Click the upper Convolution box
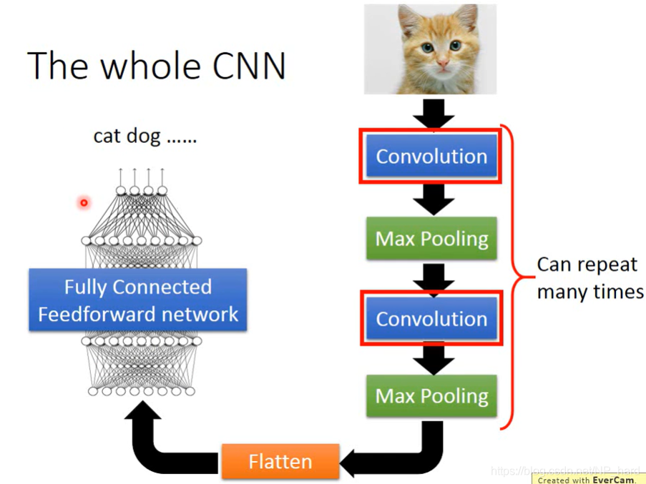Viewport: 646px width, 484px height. (431, 157)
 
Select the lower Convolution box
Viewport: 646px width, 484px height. (431, 319)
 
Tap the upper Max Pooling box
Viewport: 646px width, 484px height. (431, 239)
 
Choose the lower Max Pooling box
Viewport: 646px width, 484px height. (431, 396)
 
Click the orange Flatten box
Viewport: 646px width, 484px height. (280, 461)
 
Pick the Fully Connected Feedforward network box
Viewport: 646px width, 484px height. (138, 300)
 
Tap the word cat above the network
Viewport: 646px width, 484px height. (107, 136)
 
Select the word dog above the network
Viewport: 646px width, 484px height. (143, 137)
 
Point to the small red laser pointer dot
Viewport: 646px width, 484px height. (84, 203)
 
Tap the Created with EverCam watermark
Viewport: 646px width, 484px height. (586, 480)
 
